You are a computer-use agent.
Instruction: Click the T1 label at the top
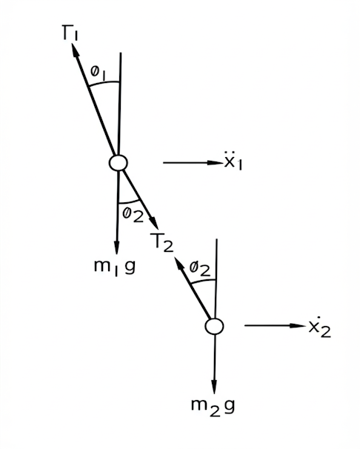[70, 33]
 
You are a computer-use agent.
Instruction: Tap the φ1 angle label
[99, 73]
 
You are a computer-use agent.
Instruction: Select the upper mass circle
[118, 163]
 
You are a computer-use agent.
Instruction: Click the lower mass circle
[214, 326]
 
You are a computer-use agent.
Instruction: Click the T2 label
[162, 242]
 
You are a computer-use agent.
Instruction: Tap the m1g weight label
[115, 267]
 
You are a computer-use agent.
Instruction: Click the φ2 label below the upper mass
[133, 215]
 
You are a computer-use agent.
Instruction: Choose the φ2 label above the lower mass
[200, 269]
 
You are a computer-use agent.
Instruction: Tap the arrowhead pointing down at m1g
[116, 247]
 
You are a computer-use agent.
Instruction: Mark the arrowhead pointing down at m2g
[214, 387]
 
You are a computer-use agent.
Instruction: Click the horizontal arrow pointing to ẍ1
[193, 163]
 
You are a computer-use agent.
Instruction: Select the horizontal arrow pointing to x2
[276, 325]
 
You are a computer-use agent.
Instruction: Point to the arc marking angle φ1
[104, 83]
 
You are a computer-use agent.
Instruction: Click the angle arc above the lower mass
[203, 282]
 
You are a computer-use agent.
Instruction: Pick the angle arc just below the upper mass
[129, 202]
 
